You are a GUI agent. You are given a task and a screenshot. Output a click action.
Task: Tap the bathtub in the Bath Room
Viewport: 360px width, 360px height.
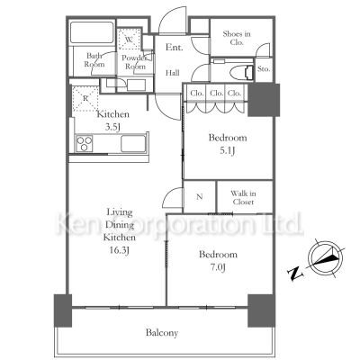92,32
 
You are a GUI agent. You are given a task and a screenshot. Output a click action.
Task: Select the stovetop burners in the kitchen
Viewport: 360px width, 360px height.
84,144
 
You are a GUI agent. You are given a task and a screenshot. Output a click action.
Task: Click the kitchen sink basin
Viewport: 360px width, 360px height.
133,144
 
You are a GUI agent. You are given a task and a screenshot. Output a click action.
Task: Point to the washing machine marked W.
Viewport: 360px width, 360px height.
129,40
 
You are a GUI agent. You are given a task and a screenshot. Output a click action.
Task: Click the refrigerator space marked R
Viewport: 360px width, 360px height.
85,99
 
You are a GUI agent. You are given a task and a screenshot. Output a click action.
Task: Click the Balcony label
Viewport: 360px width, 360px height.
162,333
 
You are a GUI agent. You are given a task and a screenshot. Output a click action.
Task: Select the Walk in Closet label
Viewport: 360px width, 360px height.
243,198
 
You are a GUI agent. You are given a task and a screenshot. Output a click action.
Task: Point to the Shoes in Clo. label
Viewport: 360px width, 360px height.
237,38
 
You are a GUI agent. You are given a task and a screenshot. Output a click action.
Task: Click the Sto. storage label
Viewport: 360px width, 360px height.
264,69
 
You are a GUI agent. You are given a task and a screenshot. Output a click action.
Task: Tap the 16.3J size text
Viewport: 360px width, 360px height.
120,250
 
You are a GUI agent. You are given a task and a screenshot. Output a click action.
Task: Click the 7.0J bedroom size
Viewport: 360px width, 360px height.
218,267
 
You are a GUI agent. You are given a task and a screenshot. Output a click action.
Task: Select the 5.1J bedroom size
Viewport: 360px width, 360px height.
228,150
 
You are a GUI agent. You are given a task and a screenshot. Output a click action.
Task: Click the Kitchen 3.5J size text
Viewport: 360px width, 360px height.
112,127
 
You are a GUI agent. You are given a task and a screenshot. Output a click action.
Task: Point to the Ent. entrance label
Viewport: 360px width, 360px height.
175,47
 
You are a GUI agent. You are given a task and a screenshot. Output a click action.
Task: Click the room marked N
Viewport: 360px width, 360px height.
200,197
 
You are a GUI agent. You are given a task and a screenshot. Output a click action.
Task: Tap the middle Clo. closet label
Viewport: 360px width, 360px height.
216,94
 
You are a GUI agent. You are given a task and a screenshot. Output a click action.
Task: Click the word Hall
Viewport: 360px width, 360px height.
173,73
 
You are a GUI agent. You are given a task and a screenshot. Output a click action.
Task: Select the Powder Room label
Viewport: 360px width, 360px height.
135,62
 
